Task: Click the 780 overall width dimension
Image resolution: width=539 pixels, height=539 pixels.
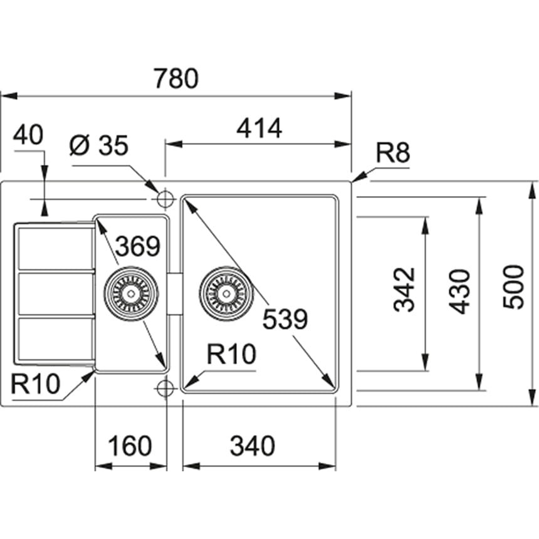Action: [x=176, y=80]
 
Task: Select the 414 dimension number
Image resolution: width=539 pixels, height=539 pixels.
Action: [x=259, y=128]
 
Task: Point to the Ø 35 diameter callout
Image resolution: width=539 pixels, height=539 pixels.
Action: [x=98, y=147]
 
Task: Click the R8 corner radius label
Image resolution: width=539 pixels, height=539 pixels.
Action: [x=393, y=153]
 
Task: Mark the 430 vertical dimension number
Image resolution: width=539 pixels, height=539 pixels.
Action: [x=461, y=291]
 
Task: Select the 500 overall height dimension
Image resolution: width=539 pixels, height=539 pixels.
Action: [x=513, y=286]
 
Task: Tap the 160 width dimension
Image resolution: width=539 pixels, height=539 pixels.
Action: [x=130, y=446]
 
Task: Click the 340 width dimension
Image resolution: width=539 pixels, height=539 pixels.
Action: [x=252, y=446]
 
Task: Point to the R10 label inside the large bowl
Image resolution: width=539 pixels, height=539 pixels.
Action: [x=232, y=355]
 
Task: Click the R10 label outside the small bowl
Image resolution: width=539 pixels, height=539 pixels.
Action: [x=35, y=384]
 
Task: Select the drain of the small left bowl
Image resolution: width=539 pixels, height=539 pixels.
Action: [x=131, y=293]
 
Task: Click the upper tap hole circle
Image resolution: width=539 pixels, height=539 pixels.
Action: [x=165, y=199]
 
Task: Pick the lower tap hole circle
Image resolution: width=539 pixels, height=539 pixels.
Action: [x=165, y=389]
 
